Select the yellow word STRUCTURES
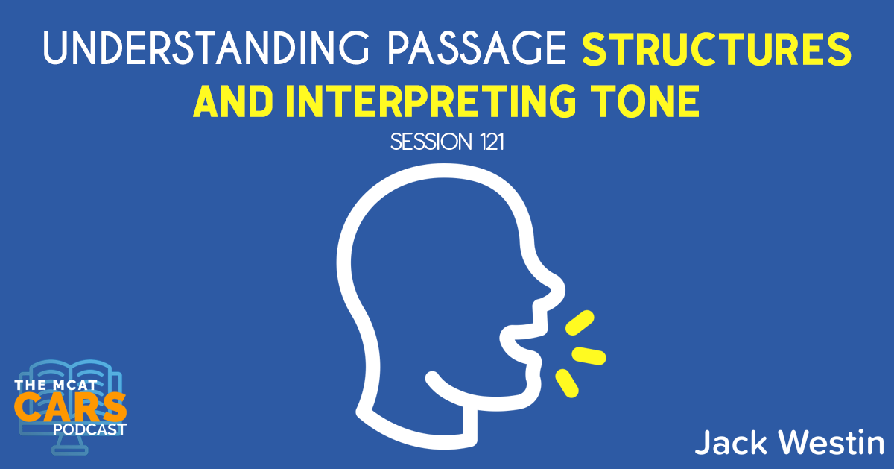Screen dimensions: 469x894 [714, 51]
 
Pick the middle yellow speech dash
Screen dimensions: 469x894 [589, 355]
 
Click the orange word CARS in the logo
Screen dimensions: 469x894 [71, 407]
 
